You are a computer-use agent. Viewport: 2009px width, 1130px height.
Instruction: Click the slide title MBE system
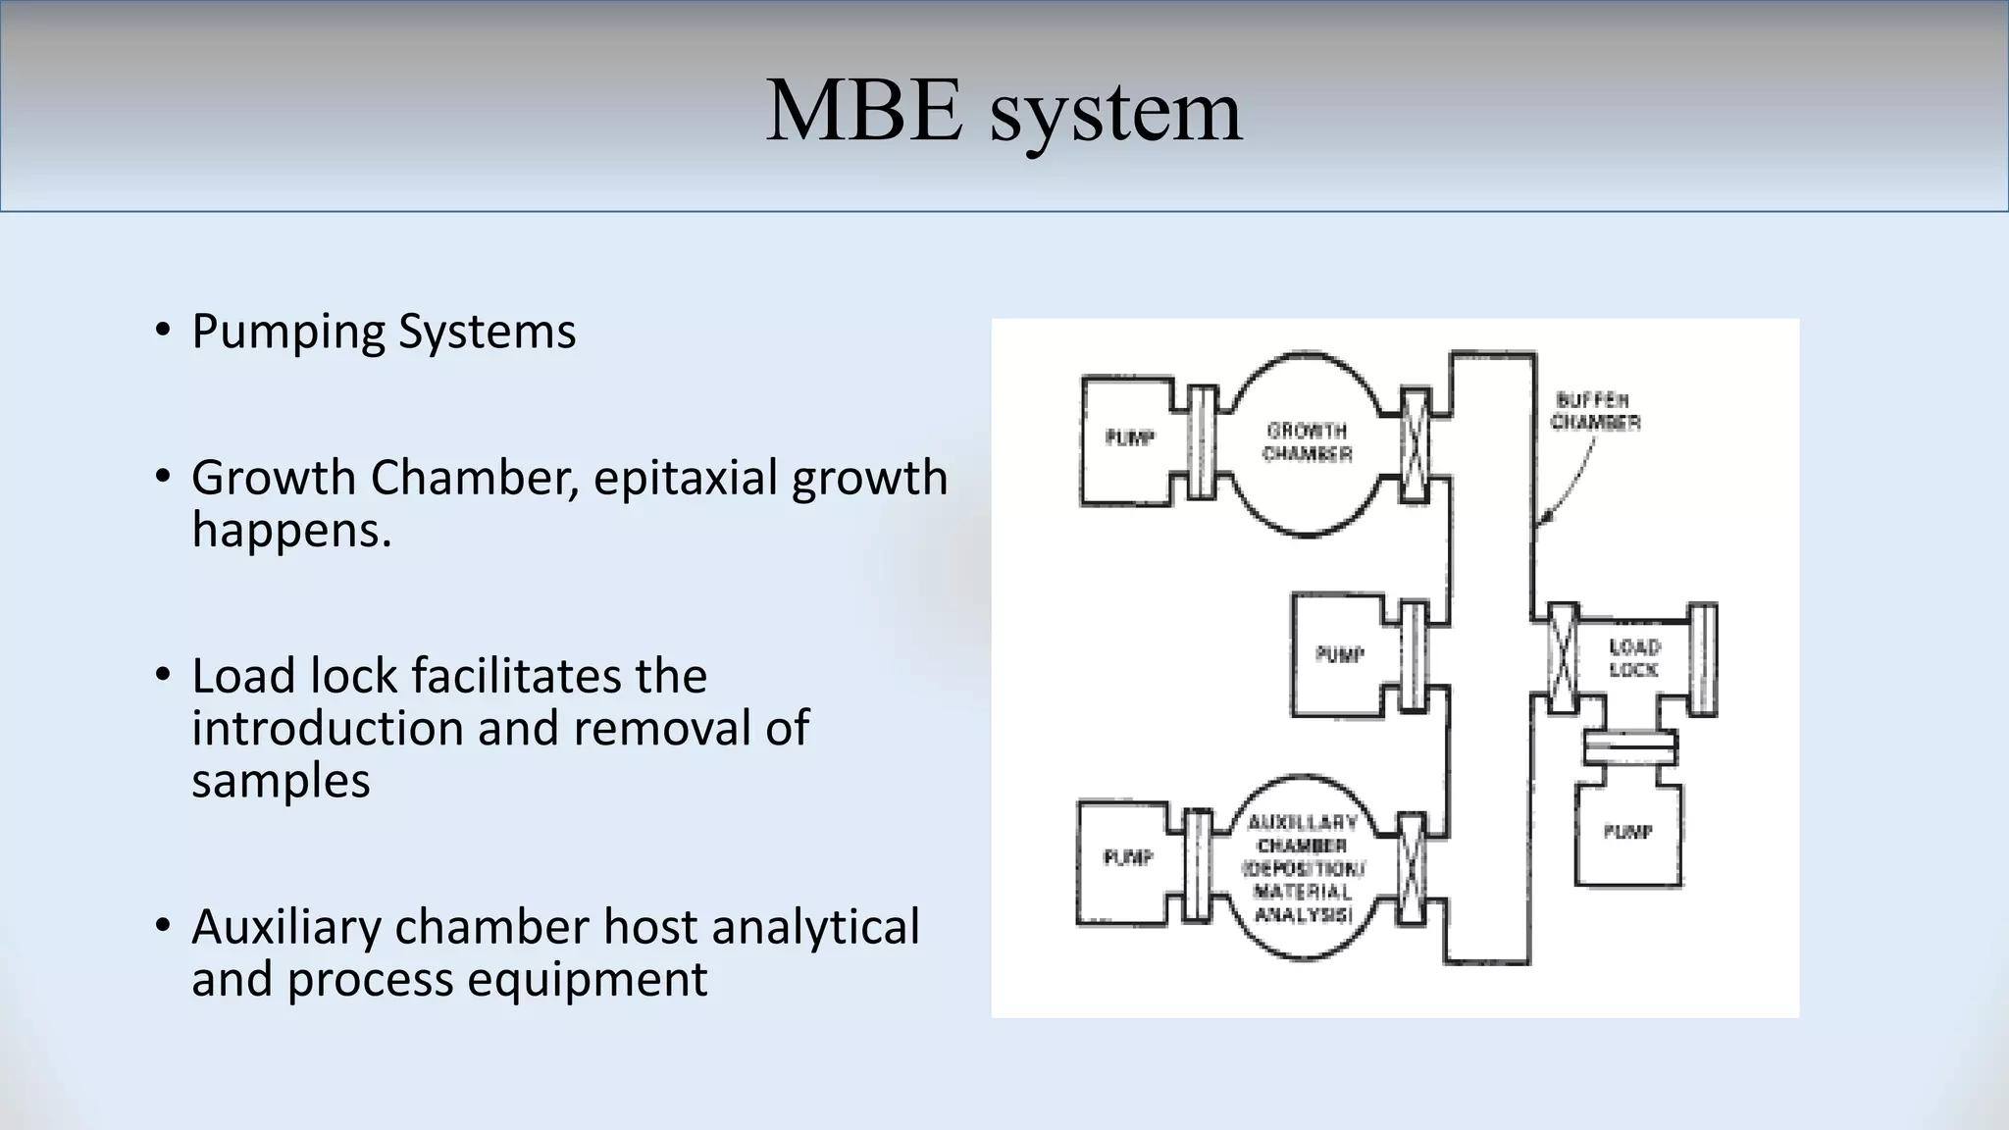coord(1004,112)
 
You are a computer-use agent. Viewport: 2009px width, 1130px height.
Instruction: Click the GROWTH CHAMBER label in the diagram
coord(1307,442)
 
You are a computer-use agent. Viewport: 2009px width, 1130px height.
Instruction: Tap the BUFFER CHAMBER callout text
coord(1595,411)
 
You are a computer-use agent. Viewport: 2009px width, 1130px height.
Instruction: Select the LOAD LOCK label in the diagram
coord(1633,658)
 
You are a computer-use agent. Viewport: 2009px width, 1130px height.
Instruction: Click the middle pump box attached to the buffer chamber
coord(1338,654)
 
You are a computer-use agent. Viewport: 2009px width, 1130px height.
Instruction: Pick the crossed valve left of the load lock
coord(1562,658)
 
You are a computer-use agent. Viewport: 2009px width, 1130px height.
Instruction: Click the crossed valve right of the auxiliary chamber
coord(1411,868)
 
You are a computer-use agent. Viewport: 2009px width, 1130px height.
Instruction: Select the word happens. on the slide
coord(291,531)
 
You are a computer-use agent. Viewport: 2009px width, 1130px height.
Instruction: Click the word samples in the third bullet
coord(281,782)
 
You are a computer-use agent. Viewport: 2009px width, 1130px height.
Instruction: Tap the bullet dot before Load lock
coord(163,676)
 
